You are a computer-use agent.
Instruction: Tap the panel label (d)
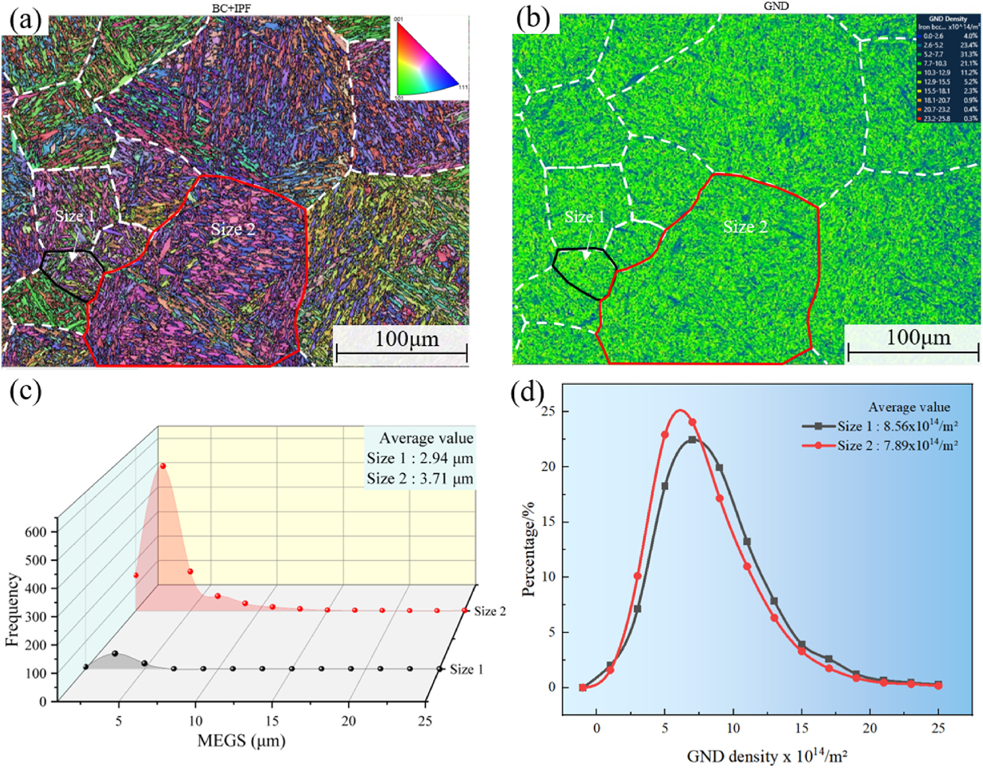(528, 392)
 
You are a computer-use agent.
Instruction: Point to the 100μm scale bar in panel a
(401, 352)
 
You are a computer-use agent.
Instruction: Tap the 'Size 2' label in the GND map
(745, 227)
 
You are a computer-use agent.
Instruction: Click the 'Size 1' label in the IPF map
(75, 216)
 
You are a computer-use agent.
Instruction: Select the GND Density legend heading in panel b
(948, 19)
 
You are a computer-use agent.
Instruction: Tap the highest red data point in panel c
(163, 466)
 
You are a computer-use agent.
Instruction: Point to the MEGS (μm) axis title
(241, 741)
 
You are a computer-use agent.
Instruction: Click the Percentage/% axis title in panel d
(529, 549)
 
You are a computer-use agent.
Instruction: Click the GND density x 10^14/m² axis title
(767, 756)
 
